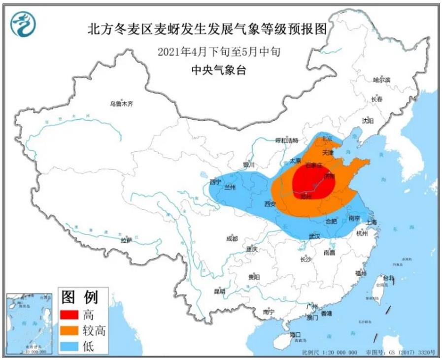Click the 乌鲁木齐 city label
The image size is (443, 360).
tap(121, 104)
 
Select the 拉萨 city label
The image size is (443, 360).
tap(126, 240)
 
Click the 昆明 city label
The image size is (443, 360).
tap(219, 291)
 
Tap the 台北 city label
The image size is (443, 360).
tap(388, 278)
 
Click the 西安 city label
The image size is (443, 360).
tap(270, 203)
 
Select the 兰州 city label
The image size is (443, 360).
tap(230, 188)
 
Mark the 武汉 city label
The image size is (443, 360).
tap(314, 236)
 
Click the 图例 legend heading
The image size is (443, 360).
tap(80, 297)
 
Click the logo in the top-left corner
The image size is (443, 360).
tap(22, 25)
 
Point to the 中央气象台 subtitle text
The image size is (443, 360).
tap(219, 70)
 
